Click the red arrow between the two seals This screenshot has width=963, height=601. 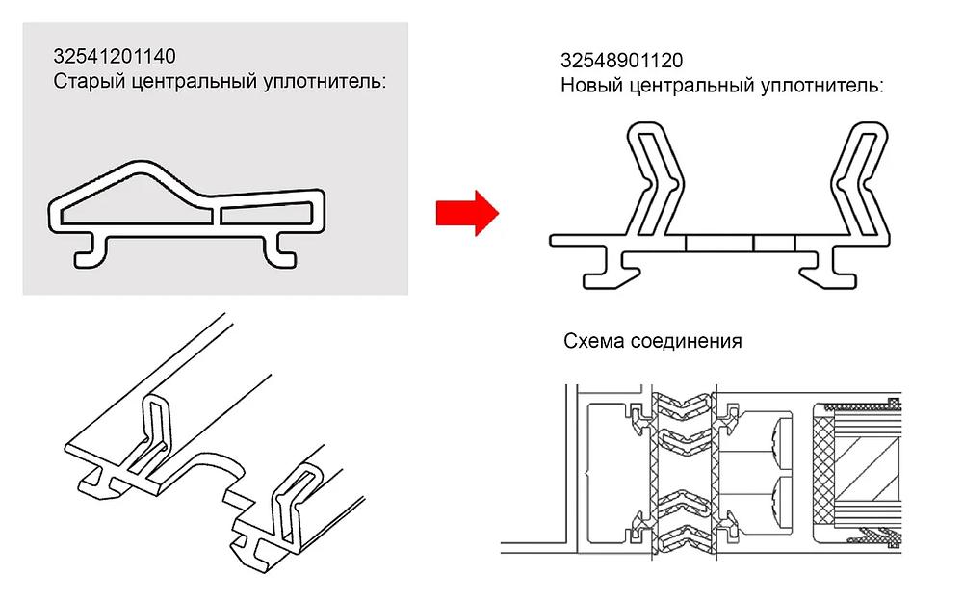tap(467, 213)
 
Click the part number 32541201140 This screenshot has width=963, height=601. tap(115, 57)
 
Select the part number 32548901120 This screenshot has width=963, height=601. tap(621, 61)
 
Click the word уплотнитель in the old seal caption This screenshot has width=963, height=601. tap(325, 81)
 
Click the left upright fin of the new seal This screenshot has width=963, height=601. tap(655, 179)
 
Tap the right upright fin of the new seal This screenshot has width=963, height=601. tap(860, 180)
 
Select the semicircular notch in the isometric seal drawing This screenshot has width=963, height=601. tap(220, 469)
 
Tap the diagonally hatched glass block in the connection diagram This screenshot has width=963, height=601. tap(868, 471)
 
